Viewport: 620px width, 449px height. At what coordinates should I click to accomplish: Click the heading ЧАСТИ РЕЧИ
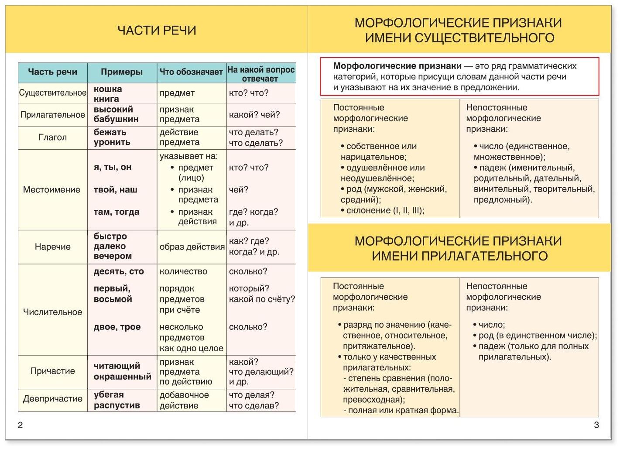[157, 30]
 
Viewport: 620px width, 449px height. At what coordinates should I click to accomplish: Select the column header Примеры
[122, 72]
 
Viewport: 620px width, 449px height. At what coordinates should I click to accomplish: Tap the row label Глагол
[53, 137]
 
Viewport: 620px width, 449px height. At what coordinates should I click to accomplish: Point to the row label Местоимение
[51, 190]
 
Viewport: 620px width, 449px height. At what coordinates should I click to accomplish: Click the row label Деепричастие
[53, 399]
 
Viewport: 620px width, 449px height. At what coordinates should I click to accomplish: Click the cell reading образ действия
[192, 247]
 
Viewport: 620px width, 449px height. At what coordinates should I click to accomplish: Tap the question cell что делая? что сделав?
[254, 400]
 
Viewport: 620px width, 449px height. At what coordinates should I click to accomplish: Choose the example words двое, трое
[117, 327]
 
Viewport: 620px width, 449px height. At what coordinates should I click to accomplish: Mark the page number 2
[20, 425]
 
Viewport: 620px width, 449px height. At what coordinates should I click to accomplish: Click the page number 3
[596, 425]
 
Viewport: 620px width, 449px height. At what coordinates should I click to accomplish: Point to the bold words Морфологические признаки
[397, 66]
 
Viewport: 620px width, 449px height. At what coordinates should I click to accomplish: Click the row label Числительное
[53, 312]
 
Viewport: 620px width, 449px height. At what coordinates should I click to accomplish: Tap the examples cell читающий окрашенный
[122, 371]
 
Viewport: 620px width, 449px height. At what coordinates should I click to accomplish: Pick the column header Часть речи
[53, 72]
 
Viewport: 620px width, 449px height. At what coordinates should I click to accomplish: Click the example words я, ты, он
[113, 167]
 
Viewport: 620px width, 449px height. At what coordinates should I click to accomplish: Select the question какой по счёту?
[262, 299]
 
